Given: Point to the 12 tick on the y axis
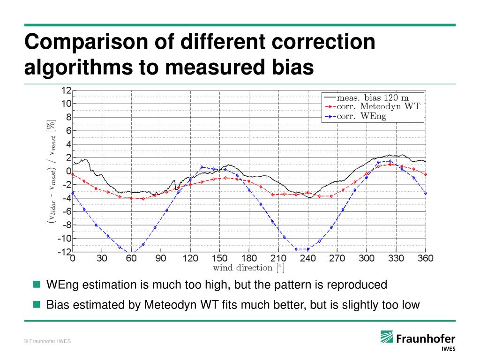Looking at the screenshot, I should pos(65,90).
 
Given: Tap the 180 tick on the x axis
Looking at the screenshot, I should pos(249,258).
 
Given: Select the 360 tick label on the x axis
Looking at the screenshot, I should pos(425,258).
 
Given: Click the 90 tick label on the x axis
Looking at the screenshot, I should pos(161,258).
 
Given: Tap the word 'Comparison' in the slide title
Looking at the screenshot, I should pos(87,42).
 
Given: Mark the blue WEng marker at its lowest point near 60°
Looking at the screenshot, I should pos(131,252).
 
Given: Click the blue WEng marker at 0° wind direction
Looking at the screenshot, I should pos(73,193).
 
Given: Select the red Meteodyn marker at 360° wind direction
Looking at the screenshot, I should pos(426,174).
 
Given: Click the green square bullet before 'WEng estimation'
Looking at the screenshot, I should pos(37,284).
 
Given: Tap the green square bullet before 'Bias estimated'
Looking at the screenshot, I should pos(37,305).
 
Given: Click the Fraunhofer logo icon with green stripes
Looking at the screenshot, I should pos(387,337).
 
